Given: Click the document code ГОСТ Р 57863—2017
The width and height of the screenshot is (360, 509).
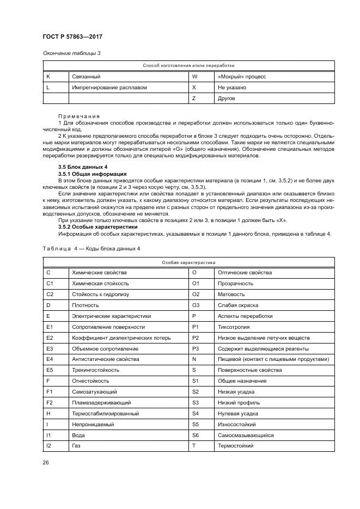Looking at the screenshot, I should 72,36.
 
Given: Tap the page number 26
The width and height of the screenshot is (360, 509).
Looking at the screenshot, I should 45,463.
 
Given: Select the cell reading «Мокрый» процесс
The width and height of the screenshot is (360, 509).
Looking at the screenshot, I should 241,77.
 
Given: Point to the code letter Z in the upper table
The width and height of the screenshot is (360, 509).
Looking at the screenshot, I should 194,98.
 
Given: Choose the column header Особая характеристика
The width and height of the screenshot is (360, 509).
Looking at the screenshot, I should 189,262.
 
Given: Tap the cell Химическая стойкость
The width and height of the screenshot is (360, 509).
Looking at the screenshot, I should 100,284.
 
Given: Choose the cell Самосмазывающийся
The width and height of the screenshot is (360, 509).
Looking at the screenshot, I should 246,436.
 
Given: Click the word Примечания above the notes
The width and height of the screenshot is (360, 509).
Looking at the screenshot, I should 79,116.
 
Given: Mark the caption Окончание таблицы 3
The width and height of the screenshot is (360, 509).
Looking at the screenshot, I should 71,53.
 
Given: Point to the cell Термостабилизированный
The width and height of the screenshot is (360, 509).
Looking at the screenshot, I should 105,414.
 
